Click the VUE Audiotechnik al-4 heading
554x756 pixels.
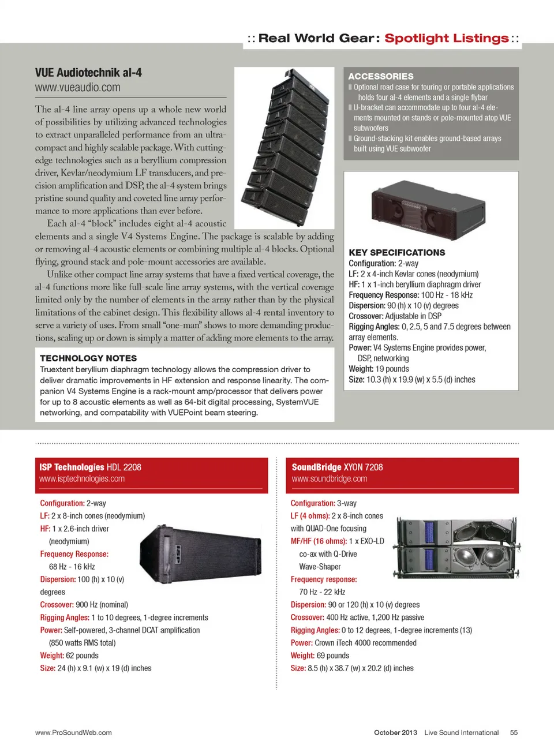tap(88, 73)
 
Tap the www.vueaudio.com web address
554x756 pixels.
tap(77, 88)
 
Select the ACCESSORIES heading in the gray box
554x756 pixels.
tap(381, 76)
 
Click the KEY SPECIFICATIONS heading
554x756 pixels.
tap(396, 253)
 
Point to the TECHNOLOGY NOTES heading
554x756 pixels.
tap(88, 358)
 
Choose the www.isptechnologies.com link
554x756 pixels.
tap(82, 479)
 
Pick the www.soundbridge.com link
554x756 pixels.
tap(329, 479)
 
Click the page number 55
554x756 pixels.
tap(514, 732)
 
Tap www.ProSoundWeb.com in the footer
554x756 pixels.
tap(73, 732)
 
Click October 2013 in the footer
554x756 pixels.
tap(395, 732)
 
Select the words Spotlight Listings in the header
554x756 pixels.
tap(447, 39)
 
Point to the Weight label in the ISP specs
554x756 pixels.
tap(52, 656)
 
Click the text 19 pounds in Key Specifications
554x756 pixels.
tap(392, 369)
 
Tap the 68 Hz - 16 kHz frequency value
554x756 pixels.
tap(72, 567)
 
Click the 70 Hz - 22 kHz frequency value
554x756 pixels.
tap(322, 592)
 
